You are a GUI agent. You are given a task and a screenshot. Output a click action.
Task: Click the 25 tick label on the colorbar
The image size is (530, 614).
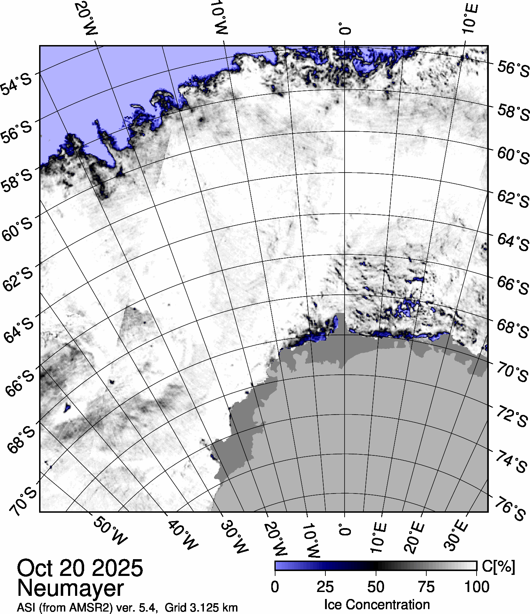[x=325, y=587]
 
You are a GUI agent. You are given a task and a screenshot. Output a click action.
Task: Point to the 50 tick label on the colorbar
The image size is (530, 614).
[x=376, y=587]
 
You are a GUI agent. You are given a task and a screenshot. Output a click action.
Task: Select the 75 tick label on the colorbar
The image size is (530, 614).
[x=426, y=587]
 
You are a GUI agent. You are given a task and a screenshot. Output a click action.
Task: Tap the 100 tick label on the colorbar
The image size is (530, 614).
[x=477, y=587]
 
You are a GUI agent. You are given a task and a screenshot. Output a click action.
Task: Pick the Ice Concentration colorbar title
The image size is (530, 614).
[x=377, y=604]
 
